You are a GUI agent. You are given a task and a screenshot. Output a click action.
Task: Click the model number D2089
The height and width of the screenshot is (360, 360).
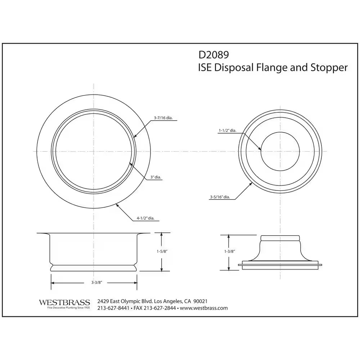[x=213, y=54]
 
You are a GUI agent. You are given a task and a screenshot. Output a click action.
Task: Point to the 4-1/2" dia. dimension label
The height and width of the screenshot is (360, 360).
[x=148, y=218]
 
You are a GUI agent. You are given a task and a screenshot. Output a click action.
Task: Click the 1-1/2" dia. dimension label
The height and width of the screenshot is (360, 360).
[x=228, y=131]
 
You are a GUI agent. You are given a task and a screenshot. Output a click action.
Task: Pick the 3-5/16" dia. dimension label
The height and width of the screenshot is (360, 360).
[x=220, y=197]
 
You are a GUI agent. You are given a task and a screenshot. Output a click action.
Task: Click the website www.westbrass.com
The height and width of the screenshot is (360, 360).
[x=204, y=308]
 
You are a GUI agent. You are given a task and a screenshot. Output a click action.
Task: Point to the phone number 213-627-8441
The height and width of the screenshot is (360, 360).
[x=113, y=308]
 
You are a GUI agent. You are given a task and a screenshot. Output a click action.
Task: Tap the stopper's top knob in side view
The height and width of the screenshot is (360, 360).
[x=280, y=238]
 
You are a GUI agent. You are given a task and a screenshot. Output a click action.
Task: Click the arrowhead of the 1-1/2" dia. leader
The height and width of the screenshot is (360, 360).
[x=261, y=149]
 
